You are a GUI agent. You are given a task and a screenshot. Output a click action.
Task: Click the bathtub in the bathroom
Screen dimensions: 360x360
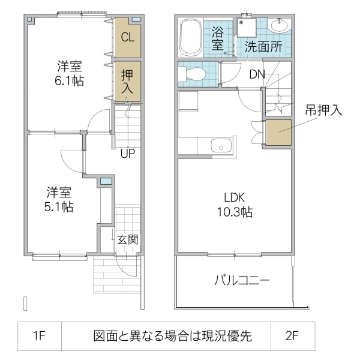click(x=191, y=38)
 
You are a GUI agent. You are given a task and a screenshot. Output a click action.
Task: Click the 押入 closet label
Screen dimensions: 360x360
click(x=128, y=81)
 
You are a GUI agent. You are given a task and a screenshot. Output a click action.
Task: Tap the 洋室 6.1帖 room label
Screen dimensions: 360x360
click(x=70, y=73)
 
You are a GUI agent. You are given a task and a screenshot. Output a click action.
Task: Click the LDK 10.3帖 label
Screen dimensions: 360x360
click(x=234, y=204)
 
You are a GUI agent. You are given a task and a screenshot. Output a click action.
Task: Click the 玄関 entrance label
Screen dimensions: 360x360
click(x=127, y=240)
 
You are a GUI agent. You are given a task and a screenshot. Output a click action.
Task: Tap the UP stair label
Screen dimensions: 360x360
click(x=127, y=153)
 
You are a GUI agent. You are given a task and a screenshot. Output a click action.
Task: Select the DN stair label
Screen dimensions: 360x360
click(x=257, y=74)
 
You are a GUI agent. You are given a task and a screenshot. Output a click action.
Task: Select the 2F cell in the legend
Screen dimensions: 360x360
click(x=292, y=336)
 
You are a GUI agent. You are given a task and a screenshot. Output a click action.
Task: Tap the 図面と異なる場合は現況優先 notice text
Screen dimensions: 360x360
click(x=172, y=336)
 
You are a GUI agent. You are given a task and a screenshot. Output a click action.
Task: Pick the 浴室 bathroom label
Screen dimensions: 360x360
click(x=218, y=37)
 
